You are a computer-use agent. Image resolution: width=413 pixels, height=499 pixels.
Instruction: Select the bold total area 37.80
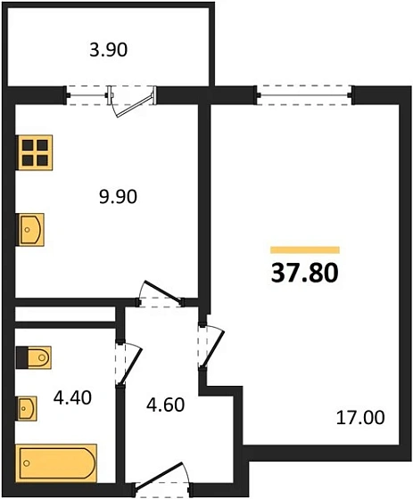click(x=304, y=271)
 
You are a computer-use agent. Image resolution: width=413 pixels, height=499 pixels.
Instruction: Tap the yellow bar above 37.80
click(x=304, y=250)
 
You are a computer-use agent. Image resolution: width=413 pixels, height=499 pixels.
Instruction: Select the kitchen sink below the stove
click(x=30, y=230)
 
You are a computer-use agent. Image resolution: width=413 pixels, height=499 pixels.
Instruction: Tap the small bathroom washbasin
click(x=29, y=408)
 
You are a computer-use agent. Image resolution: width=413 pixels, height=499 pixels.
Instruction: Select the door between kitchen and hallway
click(x=161, y=295)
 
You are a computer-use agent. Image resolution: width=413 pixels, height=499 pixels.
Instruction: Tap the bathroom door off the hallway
click(x=126, y=362)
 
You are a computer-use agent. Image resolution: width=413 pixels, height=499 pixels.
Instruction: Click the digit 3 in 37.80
click(x=277, y=271)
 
